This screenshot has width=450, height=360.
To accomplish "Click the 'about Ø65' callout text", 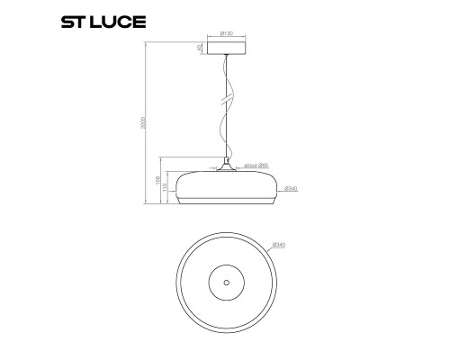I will [x=256, y=166].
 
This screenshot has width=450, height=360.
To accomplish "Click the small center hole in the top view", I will [x=225, y=283].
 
